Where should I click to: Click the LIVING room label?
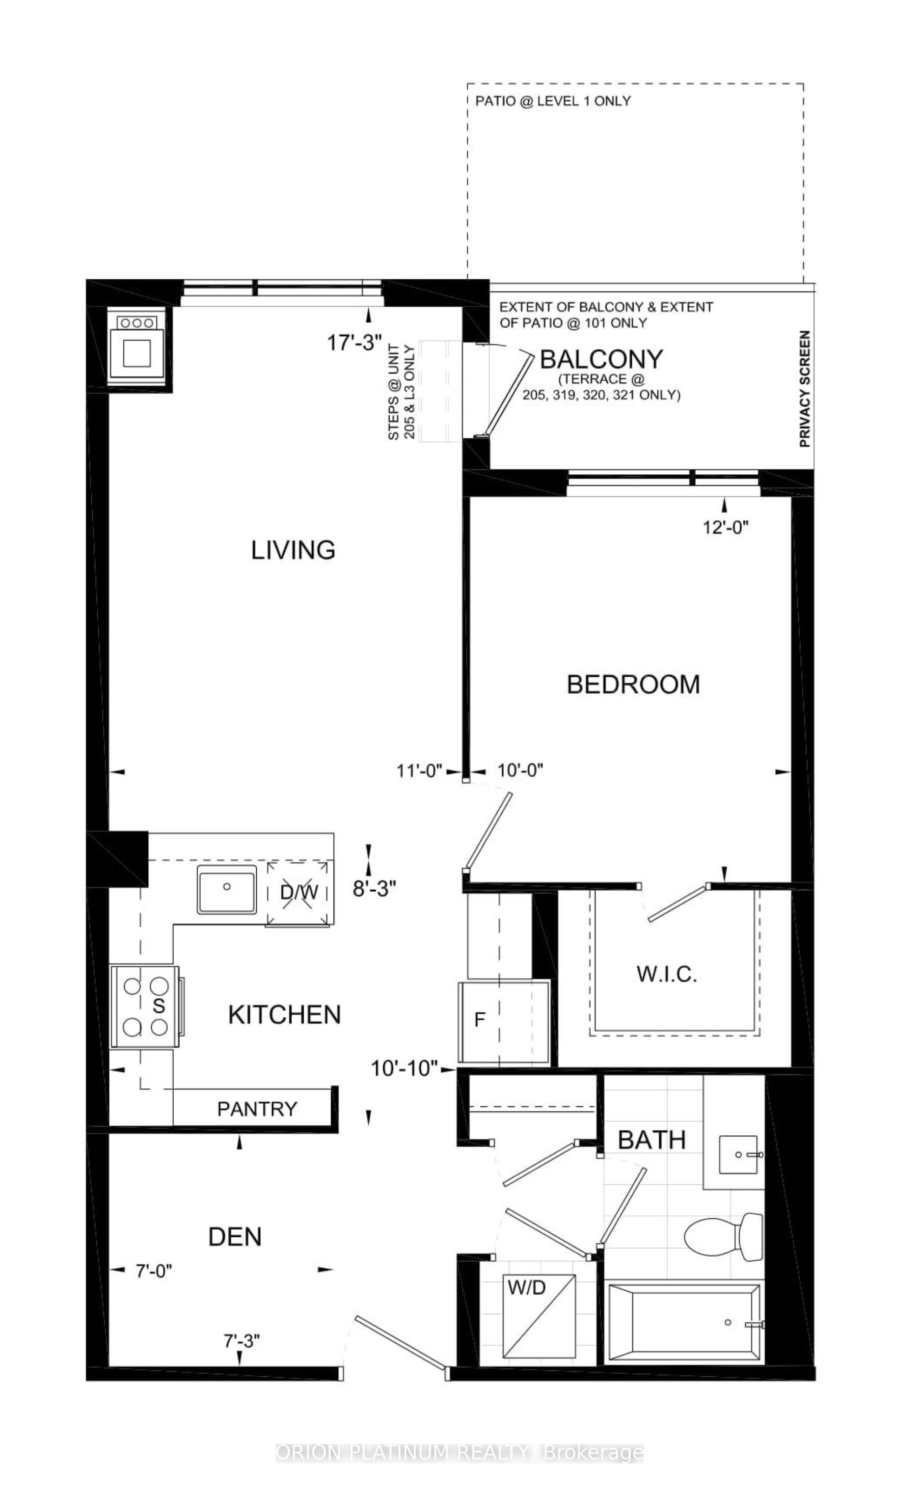click(x=293, y=550)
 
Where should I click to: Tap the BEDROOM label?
click(x=633, y=684)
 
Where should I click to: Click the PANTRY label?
click(x=257, y=1109)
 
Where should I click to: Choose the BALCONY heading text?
click(x=601, y=359)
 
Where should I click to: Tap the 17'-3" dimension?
click(x=355, y=343)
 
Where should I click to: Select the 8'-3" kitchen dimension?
click(x=374, y=889)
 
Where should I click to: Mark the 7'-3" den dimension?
click(x=242, y=1341)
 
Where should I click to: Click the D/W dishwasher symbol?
click(x=299, y=893)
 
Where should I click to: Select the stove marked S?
click(x=145, y=1006)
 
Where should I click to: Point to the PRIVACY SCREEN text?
click(x=805, y=389)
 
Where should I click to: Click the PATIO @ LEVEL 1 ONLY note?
click(x=553, y=101)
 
